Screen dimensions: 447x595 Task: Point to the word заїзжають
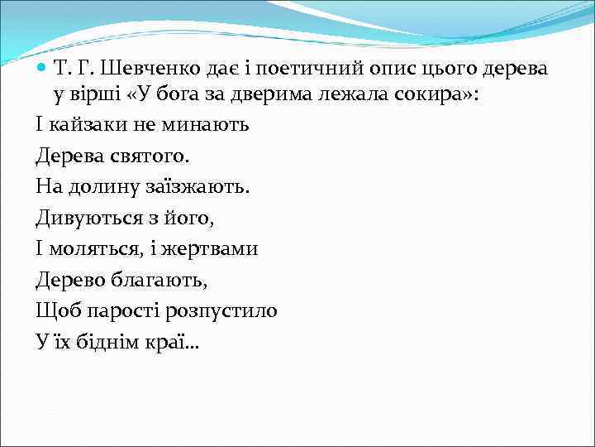198,187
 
